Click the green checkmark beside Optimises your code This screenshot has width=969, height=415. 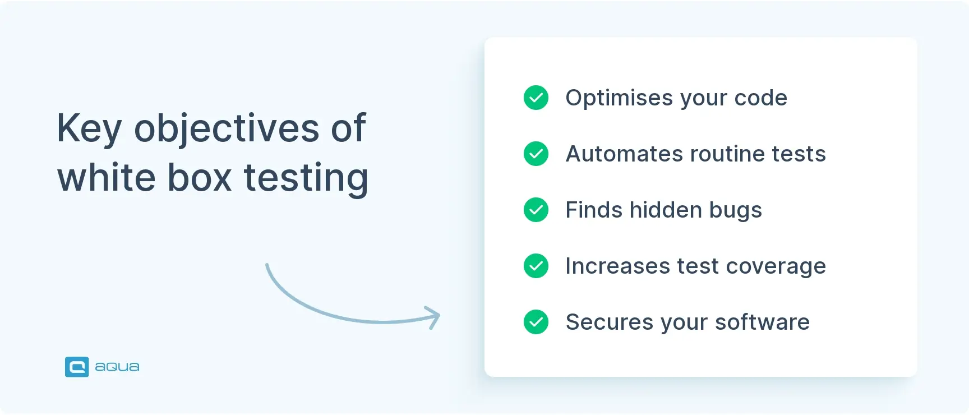coord(536,98)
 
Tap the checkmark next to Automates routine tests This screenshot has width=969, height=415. coord(536,154)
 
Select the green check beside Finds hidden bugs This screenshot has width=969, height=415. coord(536,210)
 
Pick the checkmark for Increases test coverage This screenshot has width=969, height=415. coord(536,266)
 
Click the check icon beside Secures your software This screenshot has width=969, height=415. coord(536,322)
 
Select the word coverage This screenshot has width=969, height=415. coord(776,266)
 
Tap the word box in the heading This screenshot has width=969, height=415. coord(200,178)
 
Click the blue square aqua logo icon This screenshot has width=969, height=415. coord(77,367)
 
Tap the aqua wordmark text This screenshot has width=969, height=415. coord(117,367)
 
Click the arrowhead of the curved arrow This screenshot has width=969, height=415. coord(434,317)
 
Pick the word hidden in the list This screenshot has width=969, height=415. coord(666,210)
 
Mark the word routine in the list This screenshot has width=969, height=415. coord(727,154)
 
